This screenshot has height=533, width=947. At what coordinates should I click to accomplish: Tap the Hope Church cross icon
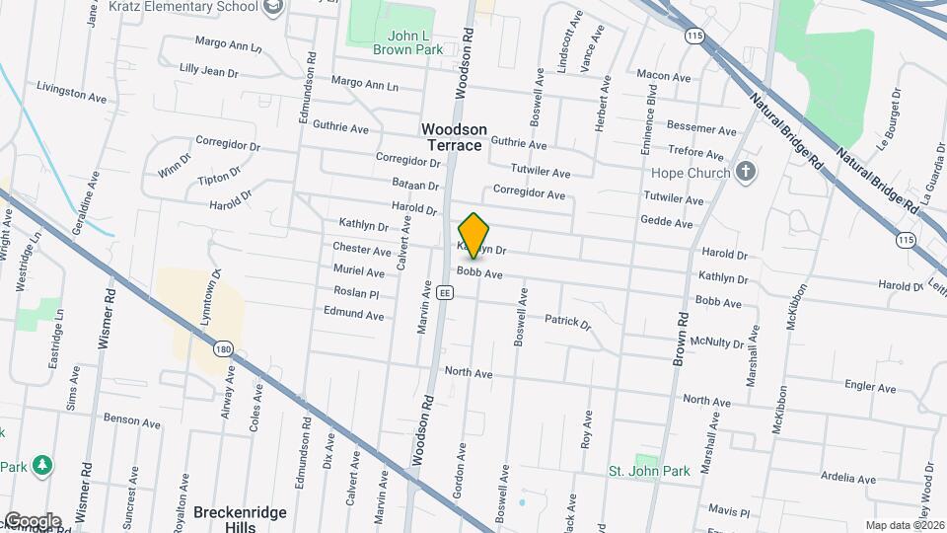[747, 173]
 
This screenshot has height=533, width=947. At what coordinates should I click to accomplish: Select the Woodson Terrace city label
[454, 137]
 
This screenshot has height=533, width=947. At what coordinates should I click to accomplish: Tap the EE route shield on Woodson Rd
[445, 293]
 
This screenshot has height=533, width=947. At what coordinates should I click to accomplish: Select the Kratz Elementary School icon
[273, 8]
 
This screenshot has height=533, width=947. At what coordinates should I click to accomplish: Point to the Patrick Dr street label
[567, 322]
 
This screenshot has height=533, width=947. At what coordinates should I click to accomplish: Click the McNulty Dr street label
[717, 343]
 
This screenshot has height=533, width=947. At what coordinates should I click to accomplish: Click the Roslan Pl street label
[357, 293]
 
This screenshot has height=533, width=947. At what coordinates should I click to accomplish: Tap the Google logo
[32, 521]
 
